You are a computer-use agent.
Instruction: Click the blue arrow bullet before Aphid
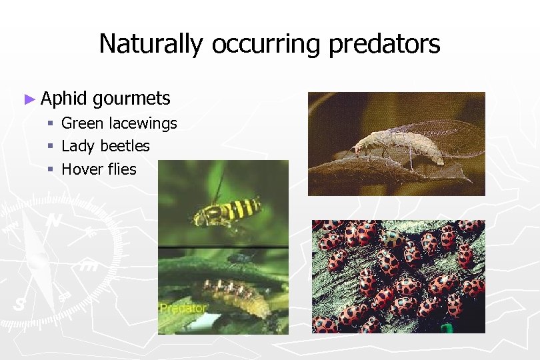click(28, 99)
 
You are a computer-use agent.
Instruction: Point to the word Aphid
click(64, 99)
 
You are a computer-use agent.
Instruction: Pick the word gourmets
click(132, 99)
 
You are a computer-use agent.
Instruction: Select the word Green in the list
click(83, 123)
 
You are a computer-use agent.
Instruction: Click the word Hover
click(82, 169)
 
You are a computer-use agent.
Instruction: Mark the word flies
click(121, 169)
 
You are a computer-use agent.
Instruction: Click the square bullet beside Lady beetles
click(50, 147)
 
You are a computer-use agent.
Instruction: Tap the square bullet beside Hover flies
click(50, 170)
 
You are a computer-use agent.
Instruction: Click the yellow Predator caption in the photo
click(184, 309)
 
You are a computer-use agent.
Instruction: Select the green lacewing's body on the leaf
click(393, 145)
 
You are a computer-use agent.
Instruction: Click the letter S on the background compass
click(20, 305)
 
